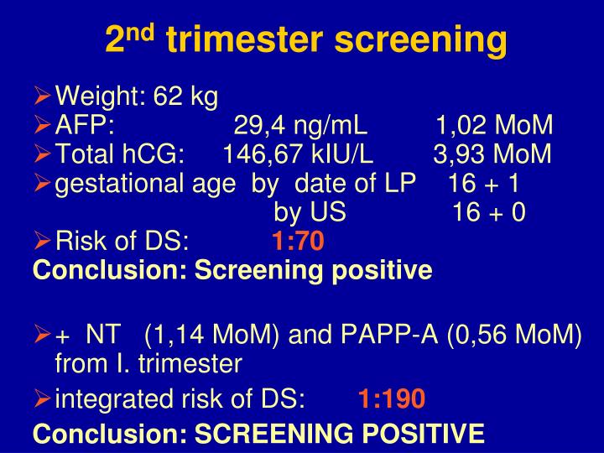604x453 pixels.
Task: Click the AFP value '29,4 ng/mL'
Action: pos(300,126)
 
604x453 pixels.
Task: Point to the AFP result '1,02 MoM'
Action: pos(494,126)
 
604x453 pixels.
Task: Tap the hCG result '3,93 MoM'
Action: pos(492,154)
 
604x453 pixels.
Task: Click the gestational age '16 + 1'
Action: pos(484,184)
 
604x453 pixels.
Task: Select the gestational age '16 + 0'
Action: pos(488,212)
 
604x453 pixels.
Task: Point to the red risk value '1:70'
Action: pos(297,242)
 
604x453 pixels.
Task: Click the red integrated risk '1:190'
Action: pos(392,398)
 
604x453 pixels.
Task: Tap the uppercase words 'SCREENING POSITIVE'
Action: pos(340,433)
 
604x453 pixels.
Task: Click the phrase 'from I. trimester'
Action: pos(148,364)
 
